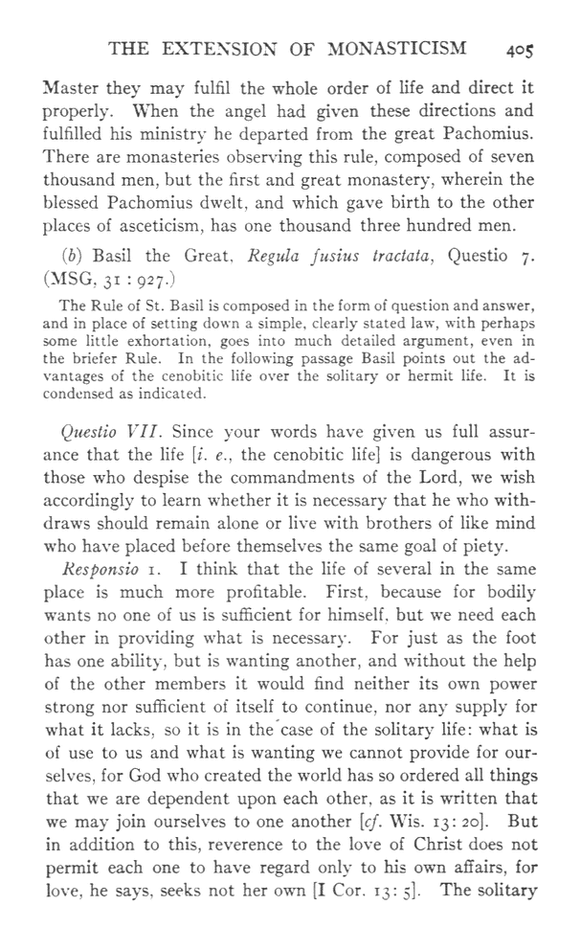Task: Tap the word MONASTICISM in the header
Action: [391, 49]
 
